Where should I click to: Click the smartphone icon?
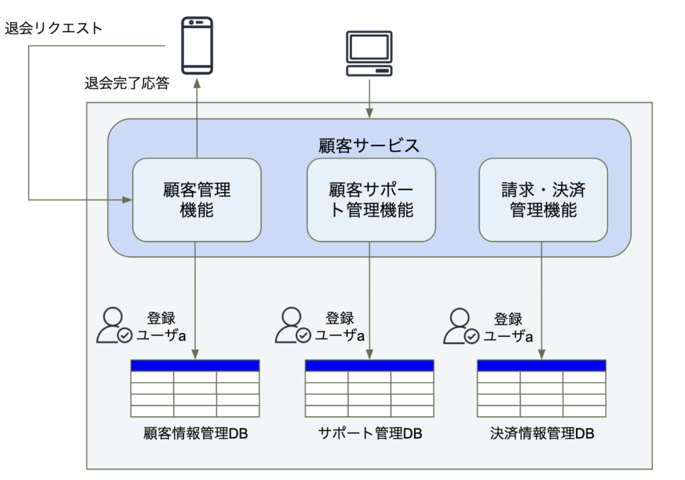tap(197, 46)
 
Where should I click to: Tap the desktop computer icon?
tap(369, 54)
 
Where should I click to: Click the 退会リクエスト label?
tap(54, 28)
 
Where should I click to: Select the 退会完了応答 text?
tap(127, 83)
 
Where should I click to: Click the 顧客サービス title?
tap(369, 145)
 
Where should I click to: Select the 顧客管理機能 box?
tap(197, 199)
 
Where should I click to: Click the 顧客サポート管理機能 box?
tap(371, 199)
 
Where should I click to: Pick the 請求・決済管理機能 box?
tap(543, 199)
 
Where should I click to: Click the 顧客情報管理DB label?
tap(196, 433)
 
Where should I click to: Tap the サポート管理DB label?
tap(370, 433)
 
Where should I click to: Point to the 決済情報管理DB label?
tap(542, 433)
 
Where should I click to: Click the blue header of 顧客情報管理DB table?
tap(195, 366)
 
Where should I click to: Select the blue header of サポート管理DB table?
tap(369, 366)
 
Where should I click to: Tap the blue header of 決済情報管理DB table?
tap(541, 366)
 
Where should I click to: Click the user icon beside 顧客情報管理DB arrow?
tap(114, 325)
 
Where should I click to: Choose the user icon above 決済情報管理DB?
tap(462, 327)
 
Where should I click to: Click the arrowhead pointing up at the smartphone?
tap(197, 83)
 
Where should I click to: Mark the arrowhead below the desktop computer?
tap(369, 113)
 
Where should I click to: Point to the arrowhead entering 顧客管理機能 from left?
tap(127, 199)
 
